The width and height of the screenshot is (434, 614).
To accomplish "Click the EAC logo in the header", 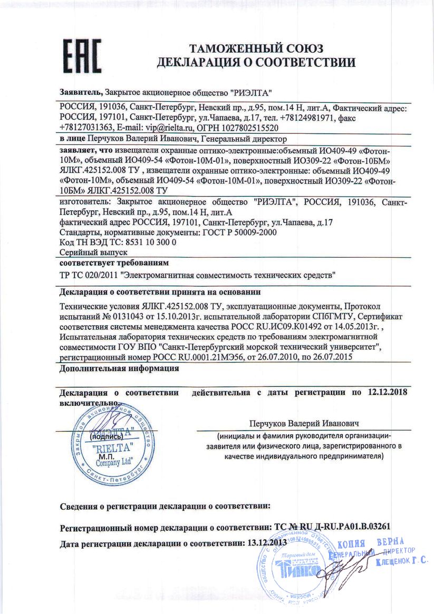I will pyautogui.click(x=82, y=55).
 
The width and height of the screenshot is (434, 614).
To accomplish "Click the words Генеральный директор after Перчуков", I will pyautogui.click(x=243, y=140).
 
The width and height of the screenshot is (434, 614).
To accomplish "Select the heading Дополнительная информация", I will pyautogui.click(x=119, y=369).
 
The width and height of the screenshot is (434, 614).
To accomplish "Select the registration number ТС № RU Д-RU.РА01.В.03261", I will pyautogui.click(x=332, y=527).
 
